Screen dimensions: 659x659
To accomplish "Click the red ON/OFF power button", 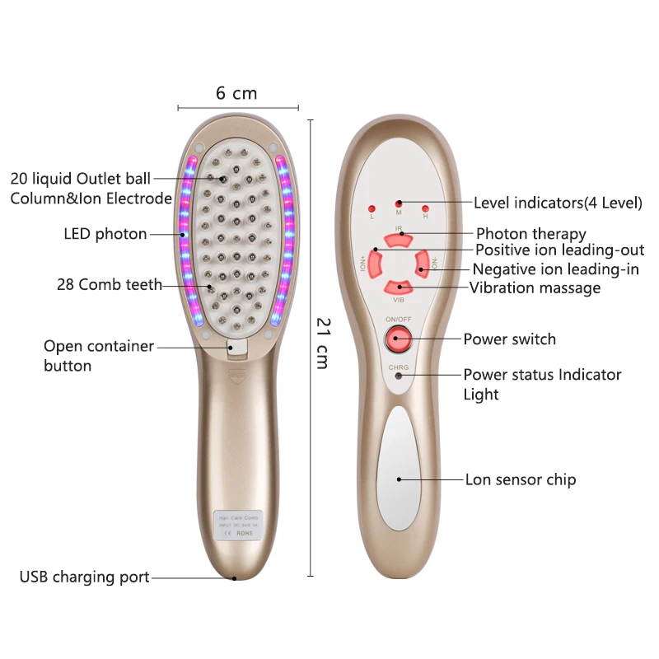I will (399, 338).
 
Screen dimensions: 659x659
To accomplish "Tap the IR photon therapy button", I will (399, 237).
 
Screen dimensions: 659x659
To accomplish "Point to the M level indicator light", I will (399, 203).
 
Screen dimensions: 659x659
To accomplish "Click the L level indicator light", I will (372, 208).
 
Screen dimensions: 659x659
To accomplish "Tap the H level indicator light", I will (425, 208).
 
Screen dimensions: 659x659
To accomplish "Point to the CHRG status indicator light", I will (399, 376).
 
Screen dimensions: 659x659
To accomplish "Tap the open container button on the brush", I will (235, 347).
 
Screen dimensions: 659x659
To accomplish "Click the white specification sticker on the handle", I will (237, 524).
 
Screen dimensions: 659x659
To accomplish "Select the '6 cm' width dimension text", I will (236, 93).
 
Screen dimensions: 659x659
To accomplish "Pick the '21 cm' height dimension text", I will (323, 343).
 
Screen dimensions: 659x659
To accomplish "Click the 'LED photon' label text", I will (105, 234).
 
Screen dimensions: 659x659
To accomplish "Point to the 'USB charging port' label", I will (85, 577).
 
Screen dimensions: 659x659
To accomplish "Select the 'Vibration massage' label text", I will (535, 287).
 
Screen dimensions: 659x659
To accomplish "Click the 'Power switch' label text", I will (509, 339).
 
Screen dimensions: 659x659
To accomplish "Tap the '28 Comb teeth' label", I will (110, 285).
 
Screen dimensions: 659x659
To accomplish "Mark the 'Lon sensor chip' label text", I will (521, 479).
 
